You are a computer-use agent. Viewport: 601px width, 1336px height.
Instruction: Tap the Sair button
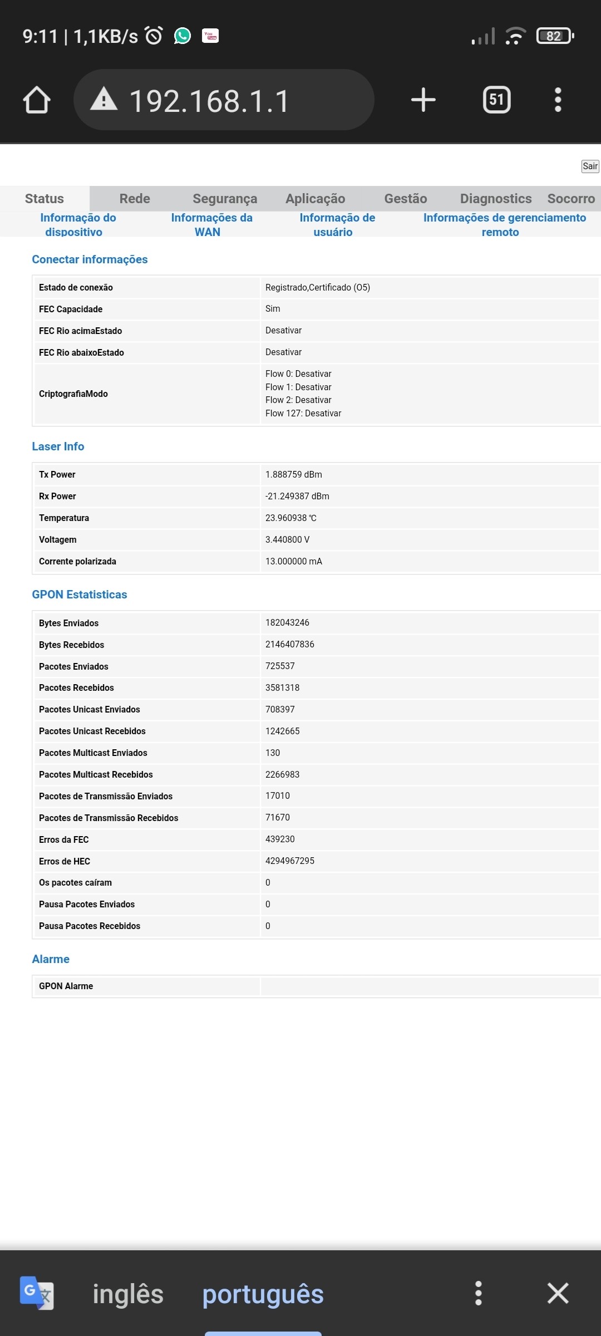coord(590,166)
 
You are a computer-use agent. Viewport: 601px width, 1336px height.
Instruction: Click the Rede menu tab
coord(135,199)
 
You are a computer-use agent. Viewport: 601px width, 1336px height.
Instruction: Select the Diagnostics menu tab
coord(495,199)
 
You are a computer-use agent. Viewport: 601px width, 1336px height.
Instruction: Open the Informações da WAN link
coord(211,224)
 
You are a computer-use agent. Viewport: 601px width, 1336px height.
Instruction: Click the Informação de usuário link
coord(337,224)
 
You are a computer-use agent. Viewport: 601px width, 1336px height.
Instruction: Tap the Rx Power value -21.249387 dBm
coord(297,496)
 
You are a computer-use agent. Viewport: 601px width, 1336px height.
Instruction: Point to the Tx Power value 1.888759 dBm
coord(293,474)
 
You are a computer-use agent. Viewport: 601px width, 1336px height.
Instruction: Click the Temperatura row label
coord(64,518)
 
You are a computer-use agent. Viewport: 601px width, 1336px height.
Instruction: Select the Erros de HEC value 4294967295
coord(289,861)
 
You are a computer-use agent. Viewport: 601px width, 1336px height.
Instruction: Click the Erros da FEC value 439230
coord(280,839)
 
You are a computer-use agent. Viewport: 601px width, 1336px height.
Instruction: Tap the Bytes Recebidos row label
coord(71,645)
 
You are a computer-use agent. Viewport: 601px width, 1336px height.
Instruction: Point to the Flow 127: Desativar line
coord(303,413)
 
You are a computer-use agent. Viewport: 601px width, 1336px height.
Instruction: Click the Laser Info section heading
coord(58,446)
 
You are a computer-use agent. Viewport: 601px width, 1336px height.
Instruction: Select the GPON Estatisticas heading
coord(80,595)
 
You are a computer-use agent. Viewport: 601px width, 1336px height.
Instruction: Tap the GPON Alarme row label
coord(66,986)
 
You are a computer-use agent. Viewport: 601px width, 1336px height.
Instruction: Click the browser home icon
coord(37,100)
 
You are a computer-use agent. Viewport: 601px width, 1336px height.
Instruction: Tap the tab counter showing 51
coord(496,100)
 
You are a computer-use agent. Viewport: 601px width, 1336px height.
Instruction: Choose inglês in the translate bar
coord(128,1294)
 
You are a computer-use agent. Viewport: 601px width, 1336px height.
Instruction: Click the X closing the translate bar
coord(558,1293)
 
